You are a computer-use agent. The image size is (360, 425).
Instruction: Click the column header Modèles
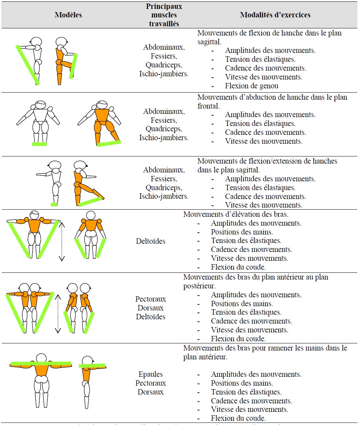tap(68, 15)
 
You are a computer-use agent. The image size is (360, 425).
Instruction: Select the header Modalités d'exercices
tap(275, 15)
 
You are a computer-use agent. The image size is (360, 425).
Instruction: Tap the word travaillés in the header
tap(164, 24)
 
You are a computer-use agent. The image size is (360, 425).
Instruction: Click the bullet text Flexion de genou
tap(252, 86)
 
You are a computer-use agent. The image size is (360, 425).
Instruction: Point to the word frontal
tap(208, 106)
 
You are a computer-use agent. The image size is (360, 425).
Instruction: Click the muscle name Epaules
tap(151, 374)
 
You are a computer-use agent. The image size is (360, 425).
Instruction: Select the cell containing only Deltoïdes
tap(151, 241)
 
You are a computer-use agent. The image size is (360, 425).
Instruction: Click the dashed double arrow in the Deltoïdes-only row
tap(62, 241)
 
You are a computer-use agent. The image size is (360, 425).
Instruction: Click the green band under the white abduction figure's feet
tap(39, 144)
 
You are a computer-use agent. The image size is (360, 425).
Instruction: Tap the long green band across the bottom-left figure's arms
tap(41, 364)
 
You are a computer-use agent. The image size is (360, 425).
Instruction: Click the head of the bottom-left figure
tap(41, 358)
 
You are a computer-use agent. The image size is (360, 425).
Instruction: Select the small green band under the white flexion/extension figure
tap(54, 204)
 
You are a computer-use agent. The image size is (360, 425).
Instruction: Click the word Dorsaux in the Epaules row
tap(151, 392)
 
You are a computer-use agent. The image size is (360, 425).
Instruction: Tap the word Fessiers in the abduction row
tap(163, 120)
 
